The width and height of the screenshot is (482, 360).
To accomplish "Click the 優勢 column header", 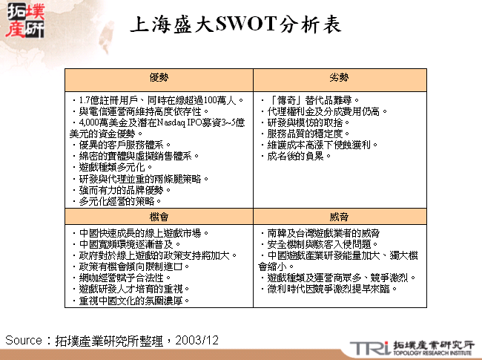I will coord(159,77).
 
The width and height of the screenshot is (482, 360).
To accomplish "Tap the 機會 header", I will coord(159,215).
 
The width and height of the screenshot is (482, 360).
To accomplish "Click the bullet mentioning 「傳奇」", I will coord(311,99).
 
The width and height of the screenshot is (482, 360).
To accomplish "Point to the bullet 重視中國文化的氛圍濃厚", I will coord(133,301).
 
